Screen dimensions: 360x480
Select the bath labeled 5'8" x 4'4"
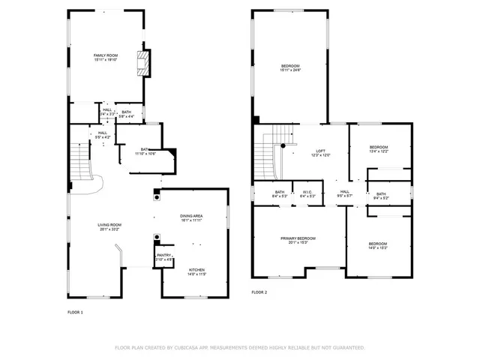point(127,114)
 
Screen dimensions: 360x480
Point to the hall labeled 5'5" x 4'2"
point(101,135)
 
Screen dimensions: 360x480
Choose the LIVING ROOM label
point(109,226)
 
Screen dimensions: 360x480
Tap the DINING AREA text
point(191,217)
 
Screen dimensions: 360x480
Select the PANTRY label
point(163,256)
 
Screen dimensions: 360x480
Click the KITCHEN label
point(196,271)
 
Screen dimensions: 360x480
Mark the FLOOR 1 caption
point(75,311)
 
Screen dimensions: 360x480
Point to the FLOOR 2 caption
point(259,292)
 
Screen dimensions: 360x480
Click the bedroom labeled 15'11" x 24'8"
point(290,68)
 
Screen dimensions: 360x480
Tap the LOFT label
point(320,152)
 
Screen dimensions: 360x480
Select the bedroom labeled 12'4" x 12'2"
point(379,148)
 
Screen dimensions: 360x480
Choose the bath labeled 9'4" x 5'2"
point(381,196)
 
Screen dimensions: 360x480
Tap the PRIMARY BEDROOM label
point(298,240)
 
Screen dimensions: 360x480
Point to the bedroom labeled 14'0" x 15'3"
point(377,244)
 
